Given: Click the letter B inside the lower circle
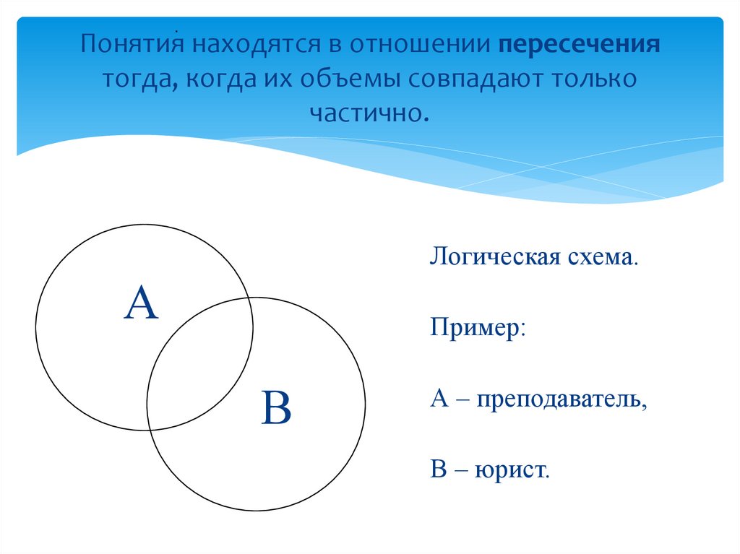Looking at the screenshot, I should pos(277,407).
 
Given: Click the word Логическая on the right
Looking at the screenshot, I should pos(491,257).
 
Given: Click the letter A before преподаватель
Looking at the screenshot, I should pos(440,398).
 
